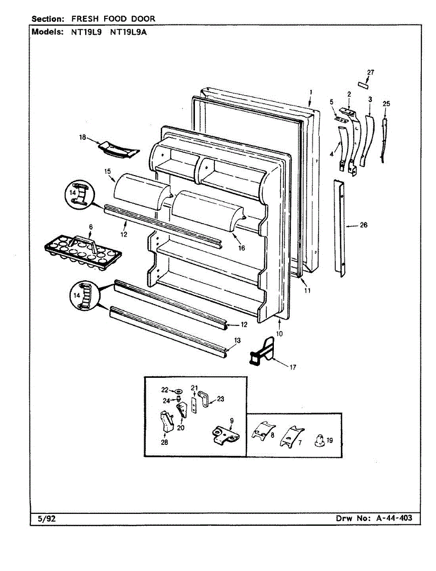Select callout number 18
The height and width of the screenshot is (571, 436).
[x=83, y=138]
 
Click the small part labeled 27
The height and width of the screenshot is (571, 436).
[x=364, y=85]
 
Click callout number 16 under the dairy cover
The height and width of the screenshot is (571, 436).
[x=242, y=247]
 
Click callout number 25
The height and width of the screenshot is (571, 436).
[x=386, y=104]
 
